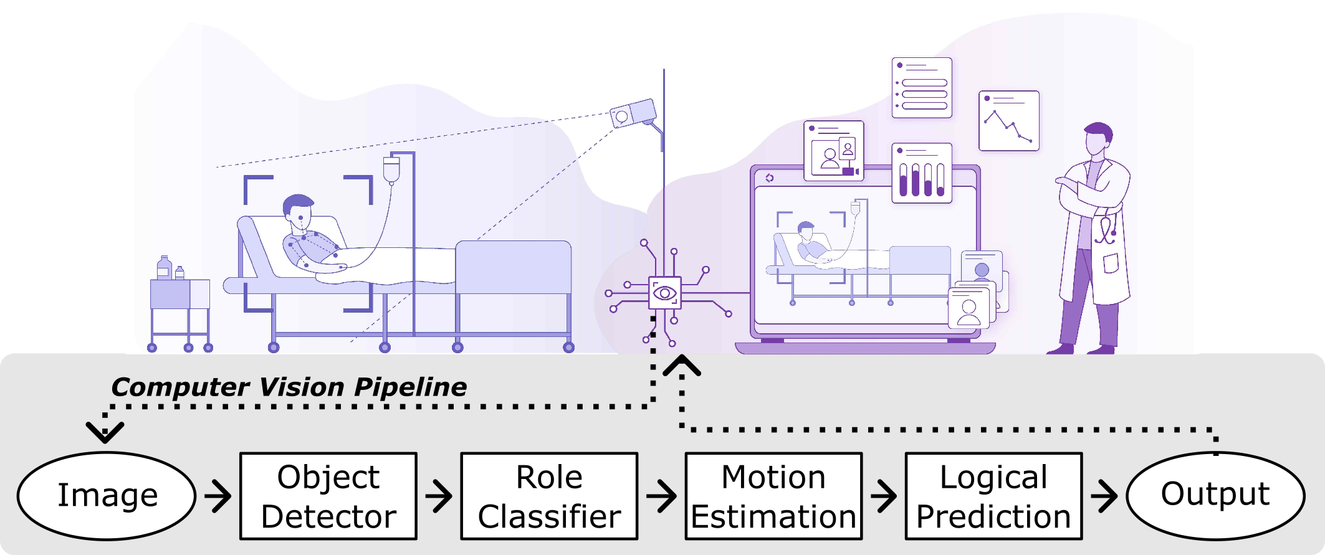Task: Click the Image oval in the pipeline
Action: pos(107,496)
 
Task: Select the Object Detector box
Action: pos(328,496)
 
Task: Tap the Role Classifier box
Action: pos(549,496)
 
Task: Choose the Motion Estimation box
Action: pos(773,496)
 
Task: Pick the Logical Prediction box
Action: pos(993,496)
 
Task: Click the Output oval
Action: pos(1215,495)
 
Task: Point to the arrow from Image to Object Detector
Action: pos(218,496)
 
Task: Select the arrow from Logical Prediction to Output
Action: pos(1104,496)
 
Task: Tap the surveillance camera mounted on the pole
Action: pos(633,113)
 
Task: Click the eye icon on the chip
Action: pos(664,293)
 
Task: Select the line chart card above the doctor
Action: pos(1008,121)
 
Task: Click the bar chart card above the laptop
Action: pos(922,173)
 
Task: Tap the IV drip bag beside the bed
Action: pos(391,169)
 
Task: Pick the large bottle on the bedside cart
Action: pos(165,268)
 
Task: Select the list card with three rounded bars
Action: pos(922,88)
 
